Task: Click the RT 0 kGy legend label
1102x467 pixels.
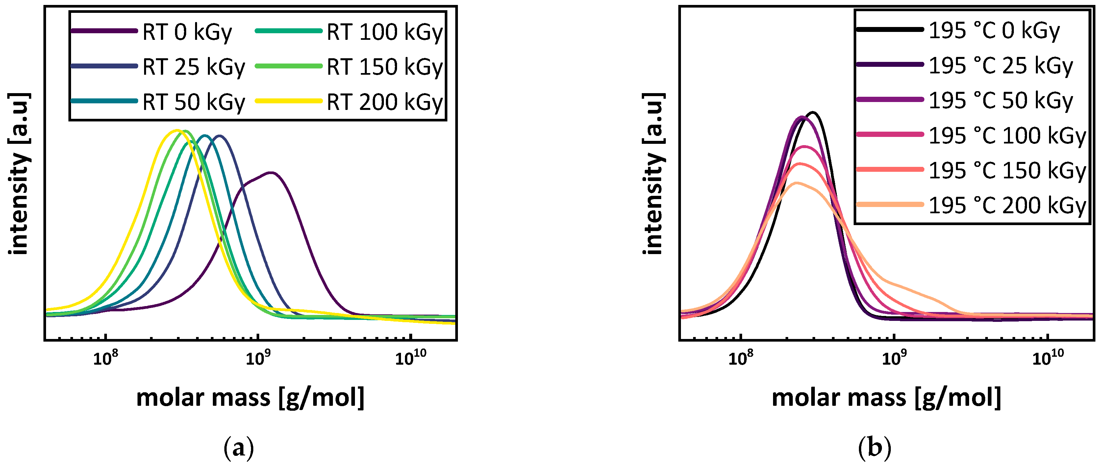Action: pyautogui.click(x=187, y=32)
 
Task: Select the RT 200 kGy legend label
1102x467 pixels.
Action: pyautogui.click(x=385, y=102)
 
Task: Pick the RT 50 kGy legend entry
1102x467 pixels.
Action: pyautogui.click(x=193, y=102)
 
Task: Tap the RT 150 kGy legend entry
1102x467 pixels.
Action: pyautogui.click(x=385, y=67)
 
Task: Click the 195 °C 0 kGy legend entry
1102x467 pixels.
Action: pyautogui.click(x=994, y=31)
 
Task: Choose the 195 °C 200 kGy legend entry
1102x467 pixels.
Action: pyautogui.click(x=1007, y=206)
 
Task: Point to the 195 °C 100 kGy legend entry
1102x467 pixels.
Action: pyautogui.click(x=1007, y=136)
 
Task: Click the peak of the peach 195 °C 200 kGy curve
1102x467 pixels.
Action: pyautogui.click(x=796, y=183)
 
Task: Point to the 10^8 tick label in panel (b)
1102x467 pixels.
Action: pyautogui.click(x=740, y=359)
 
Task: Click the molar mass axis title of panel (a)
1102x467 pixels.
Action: pyautogui.click(x=250, y=398)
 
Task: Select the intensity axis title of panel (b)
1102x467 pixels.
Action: pyautogui.click(x=653, y=173)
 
